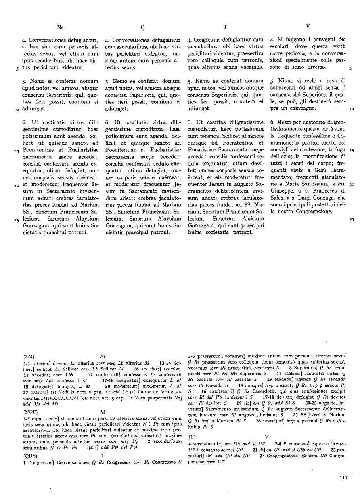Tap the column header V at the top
pos(308,27)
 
